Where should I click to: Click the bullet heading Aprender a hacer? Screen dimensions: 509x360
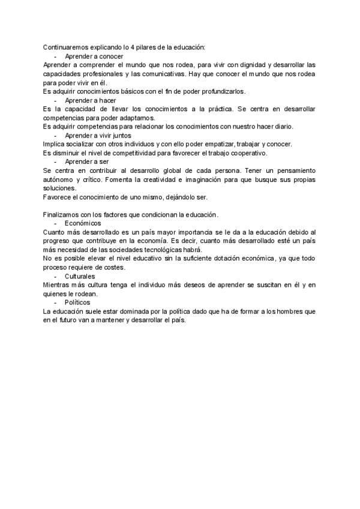click(90, 100)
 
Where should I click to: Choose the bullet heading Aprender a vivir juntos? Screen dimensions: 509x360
click(98, 136)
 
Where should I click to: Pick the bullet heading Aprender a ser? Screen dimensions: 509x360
click(86, 162)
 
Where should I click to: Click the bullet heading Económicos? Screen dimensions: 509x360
click(83, 223)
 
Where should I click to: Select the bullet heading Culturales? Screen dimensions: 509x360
click(82, 276)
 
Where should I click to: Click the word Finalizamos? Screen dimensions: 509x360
click(62, 215)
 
